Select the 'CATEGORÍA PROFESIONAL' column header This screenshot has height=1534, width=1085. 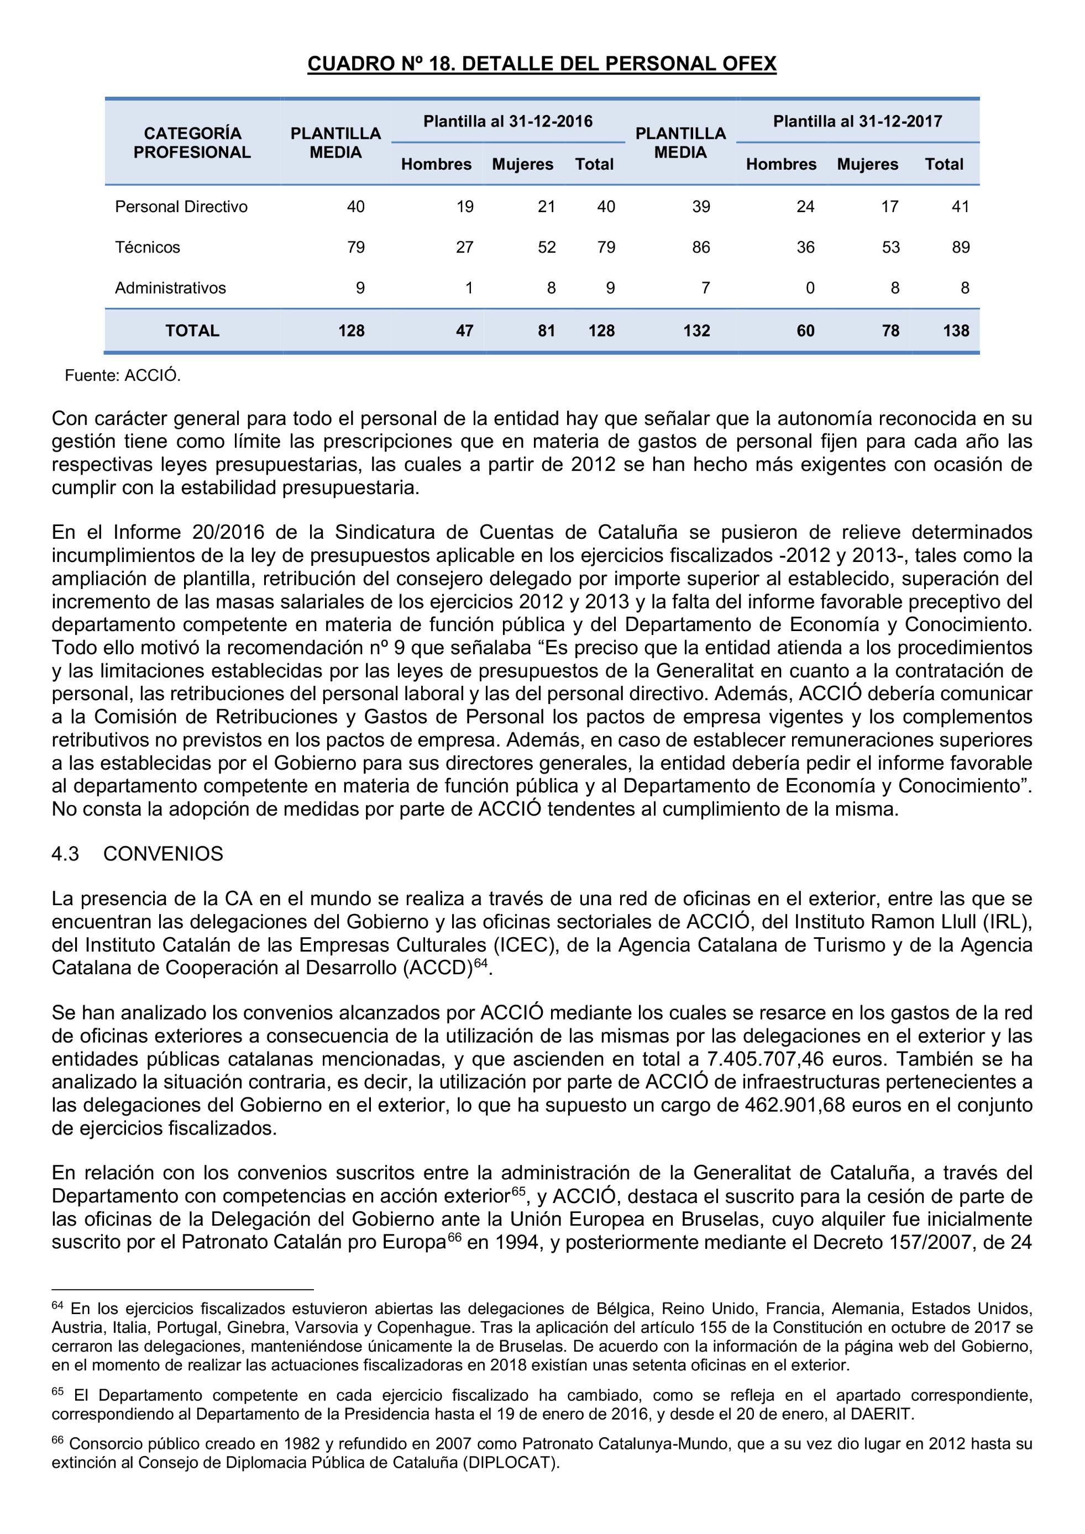[x=192, y=143]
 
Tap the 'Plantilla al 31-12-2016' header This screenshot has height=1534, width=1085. [x=508, y=122]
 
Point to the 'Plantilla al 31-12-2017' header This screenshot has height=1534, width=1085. [x=857, y=122]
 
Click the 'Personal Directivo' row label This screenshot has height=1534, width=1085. [x=181, y=207]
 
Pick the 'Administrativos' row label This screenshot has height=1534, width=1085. [x=170, y=288]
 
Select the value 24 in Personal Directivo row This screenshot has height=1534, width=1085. [x=805, y=207]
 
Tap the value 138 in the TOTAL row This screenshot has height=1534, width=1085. [x=956, y=330]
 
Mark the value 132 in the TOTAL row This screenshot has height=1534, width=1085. [x=696, y=330]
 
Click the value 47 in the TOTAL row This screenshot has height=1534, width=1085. [x=464, y=330]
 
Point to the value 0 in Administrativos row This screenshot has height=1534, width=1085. [x=810, y=288]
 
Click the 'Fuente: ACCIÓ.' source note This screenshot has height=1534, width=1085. [x=122, y=375]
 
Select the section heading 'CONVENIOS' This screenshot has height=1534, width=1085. [x=163, y=854]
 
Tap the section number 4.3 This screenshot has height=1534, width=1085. [x=65, y=854]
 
